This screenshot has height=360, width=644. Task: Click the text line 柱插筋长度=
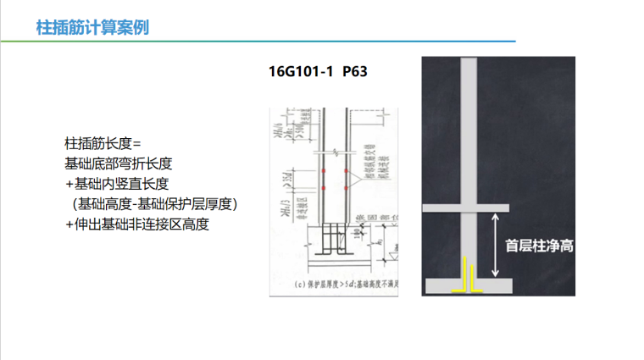(103, 142)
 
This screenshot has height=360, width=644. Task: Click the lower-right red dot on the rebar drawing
(346, 186)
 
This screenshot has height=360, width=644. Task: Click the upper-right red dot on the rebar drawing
(346, 173)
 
